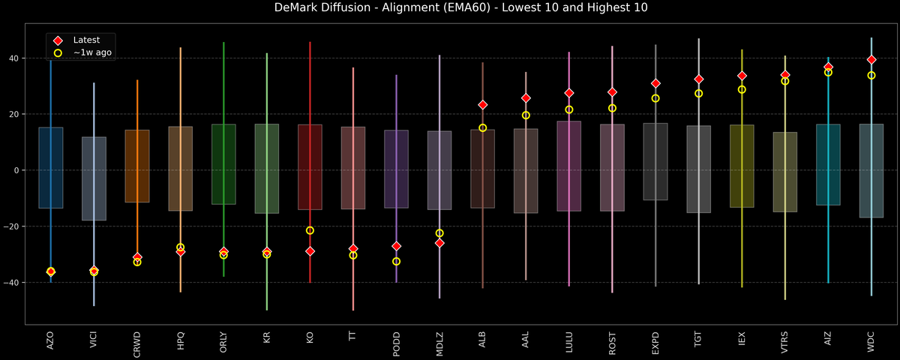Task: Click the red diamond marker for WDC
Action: tap(871, 59)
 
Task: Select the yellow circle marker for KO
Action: tap(310, 230)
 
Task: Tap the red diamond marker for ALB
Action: tap(483, 105)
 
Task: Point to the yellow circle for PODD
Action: tap(397, 262)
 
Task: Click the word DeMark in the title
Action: tap(277, 8)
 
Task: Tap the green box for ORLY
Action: tap(223, 164)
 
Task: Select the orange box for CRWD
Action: tap(137, 166)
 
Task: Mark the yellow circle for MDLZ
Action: tap(439, 233)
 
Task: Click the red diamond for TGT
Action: tap(699, 79)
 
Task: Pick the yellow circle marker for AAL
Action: tap(526, 115)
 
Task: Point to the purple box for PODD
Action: tap(397, 169)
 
